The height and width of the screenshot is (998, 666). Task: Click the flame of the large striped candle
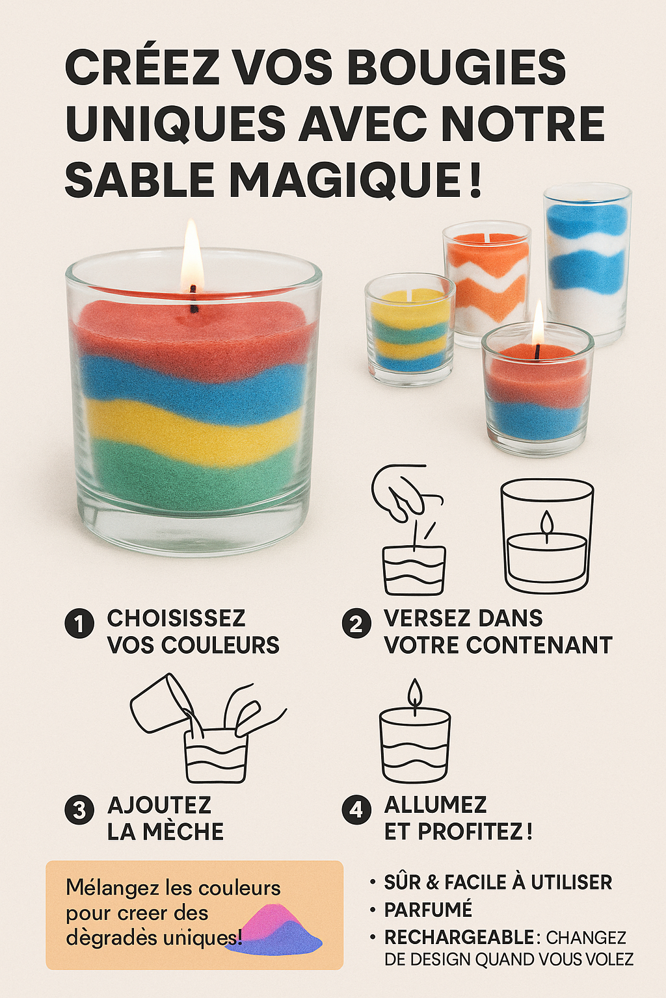pos(192,255)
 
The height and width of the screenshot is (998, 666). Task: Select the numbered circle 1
pos(79,624)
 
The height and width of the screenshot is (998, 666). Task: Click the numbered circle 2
pos(356,624)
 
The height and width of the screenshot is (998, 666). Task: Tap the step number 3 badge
pos(79,810)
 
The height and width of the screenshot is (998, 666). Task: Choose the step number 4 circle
pos(356,810)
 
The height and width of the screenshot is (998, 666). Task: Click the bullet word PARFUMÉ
pos(428,910)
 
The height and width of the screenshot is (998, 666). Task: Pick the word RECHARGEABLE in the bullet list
pos(459,938)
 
